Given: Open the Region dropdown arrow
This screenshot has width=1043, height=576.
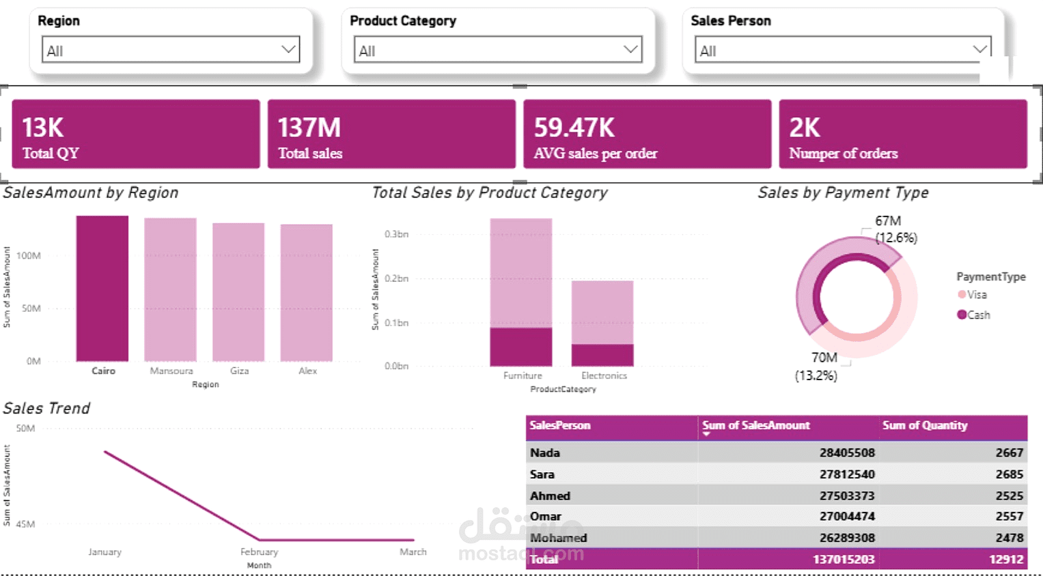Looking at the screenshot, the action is (289, 49).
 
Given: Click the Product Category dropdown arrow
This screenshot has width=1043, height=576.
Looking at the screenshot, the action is (630, 49).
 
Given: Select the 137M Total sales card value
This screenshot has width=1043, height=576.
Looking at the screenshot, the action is (309, 128).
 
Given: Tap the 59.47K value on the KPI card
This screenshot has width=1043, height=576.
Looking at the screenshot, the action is (574, 128).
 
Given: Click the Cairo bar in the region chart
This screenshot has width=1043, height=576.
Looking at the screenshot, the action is (102, 289).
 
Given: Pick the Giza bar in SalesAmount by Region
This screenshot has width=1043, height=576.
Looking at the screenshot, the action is (238, 292).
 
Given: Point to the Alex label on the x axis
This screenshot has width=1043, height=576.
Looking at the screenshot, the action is (308, 371).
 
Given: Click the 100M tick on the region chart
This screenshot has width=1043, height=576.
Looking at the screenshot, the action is (29, 255).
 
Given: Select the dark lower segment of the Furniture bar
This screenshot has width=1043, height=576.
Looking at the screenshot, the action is (521, 347).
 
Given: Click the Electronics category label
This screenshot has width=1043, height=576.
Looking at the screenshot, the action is (604, 375).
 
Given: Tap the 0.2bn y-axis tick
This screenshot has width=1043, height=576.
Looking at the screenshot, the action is (396, 278).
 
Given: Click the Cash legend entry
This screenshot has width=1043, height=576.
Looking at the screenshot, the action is (973, 315).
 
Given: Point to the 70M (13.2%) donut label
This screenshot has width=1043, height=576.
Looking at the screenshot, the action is (817, 366).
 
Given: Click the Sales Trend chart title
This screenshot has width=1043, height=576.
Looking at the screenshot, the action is (46, 408).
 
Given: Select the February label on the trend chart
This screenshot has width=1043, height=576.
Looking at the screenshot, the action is (260, 552).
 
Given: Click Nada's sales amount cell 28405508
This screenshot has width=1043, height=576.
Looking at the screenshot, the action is (847, 452).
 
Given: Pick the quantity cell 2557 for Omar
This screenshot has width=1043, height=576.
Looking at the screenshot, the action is (1009, 517).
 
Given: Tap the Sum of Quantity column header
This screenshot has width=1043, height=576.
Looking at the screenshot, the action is (925, 425).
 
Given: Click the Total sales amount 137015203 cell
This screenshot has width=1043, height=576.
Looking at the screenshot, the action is (844, 559).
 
